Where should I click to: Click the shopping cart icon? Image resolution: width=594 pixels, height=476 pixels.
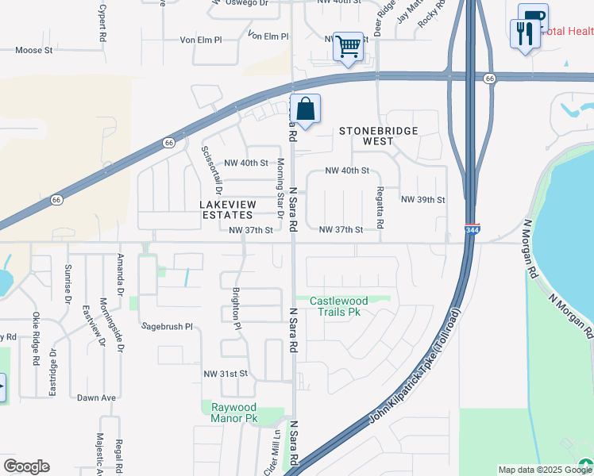[x=348, y=48]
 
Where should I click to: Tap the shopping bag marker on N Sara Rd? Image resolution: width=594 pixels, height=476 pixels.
[x=305, y=109]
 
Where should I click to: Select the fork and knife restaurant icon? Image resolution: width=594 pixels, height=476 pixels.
[x=523, y=34]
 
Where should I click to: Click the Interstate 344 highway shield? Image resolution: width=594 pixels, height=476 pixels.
[x=472, y=229]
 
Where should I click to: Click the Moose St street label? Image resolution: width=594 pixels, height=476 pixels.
[x=33, y=50]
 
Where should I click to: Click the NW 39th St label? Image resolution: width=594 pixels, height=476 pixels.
[x=422, y=199]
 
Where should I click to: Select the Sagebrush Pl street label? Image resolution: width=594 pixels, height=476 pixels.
[x=168, y=326]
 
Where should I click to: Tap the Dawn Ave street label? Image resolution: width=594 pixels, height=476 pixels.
[x=97, y=397]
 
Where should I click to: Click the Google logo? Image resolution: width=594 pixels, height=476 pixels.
[x=26, y=466]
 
